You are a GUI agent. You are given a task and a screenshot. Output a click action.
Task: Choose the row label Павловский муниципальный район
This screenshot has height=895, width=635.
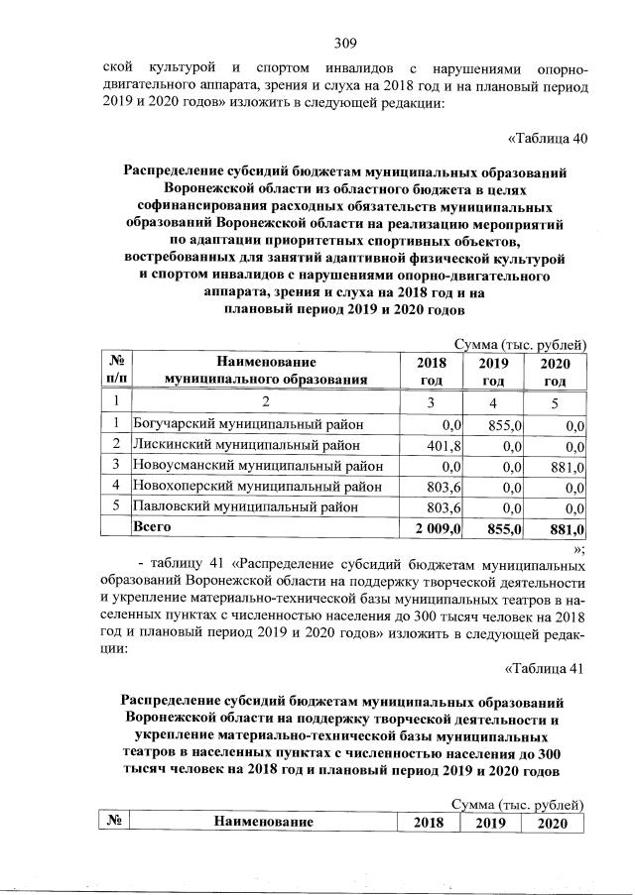pos(246,506)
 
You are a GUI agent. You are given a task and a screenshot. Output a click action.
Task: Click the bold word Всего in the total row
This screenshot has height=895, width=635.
pos(153,527)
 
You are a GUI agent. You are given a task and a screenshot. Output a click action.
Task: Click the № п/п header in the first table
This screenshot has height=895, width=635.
pos(116,371)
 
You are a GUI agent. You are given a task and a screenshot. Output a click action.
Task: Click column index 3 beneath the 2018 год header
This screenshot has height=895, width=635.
pos(431,401)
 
